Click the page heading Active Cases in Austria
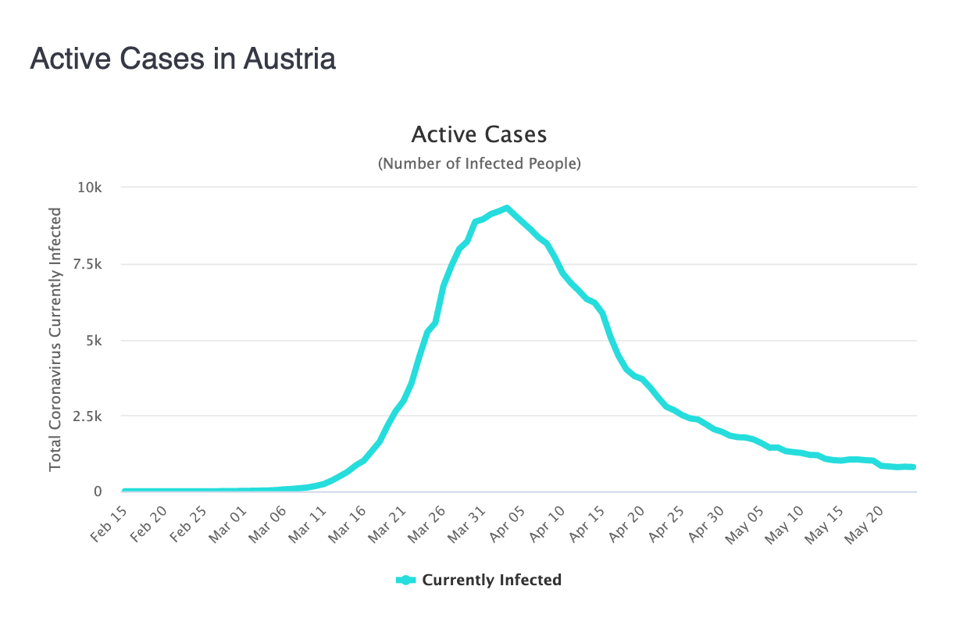tap(183, 59)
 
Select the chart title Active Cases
tap(479, 134)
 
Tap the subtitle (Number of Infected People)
tap(479, 164)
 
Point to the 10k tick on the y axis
tap(90, 188)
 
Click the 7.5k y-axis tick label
tap(87, 264)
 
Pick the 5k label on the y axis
tap(94, 340)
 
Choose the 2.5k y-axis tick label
tap(87, 416)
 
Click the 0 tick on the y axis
tap(98, 491)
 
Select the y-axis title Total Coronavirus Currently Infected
tap(55, 339)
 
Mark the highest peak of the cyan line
tap(507, 208)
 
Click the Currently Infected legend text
tap(491, 580)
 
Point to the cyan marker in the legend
tap(406, 580)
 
